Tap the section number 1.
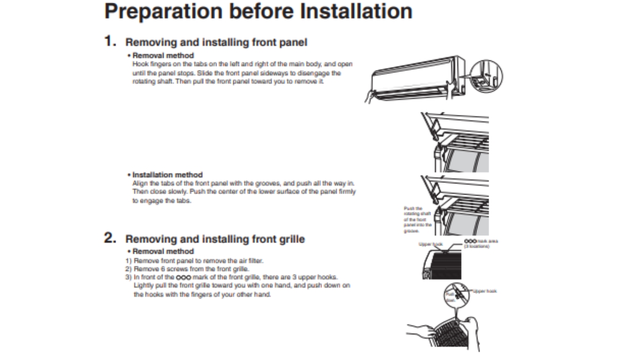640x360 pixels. [110, 42]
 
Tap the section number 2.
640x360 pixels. [110, 238]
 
